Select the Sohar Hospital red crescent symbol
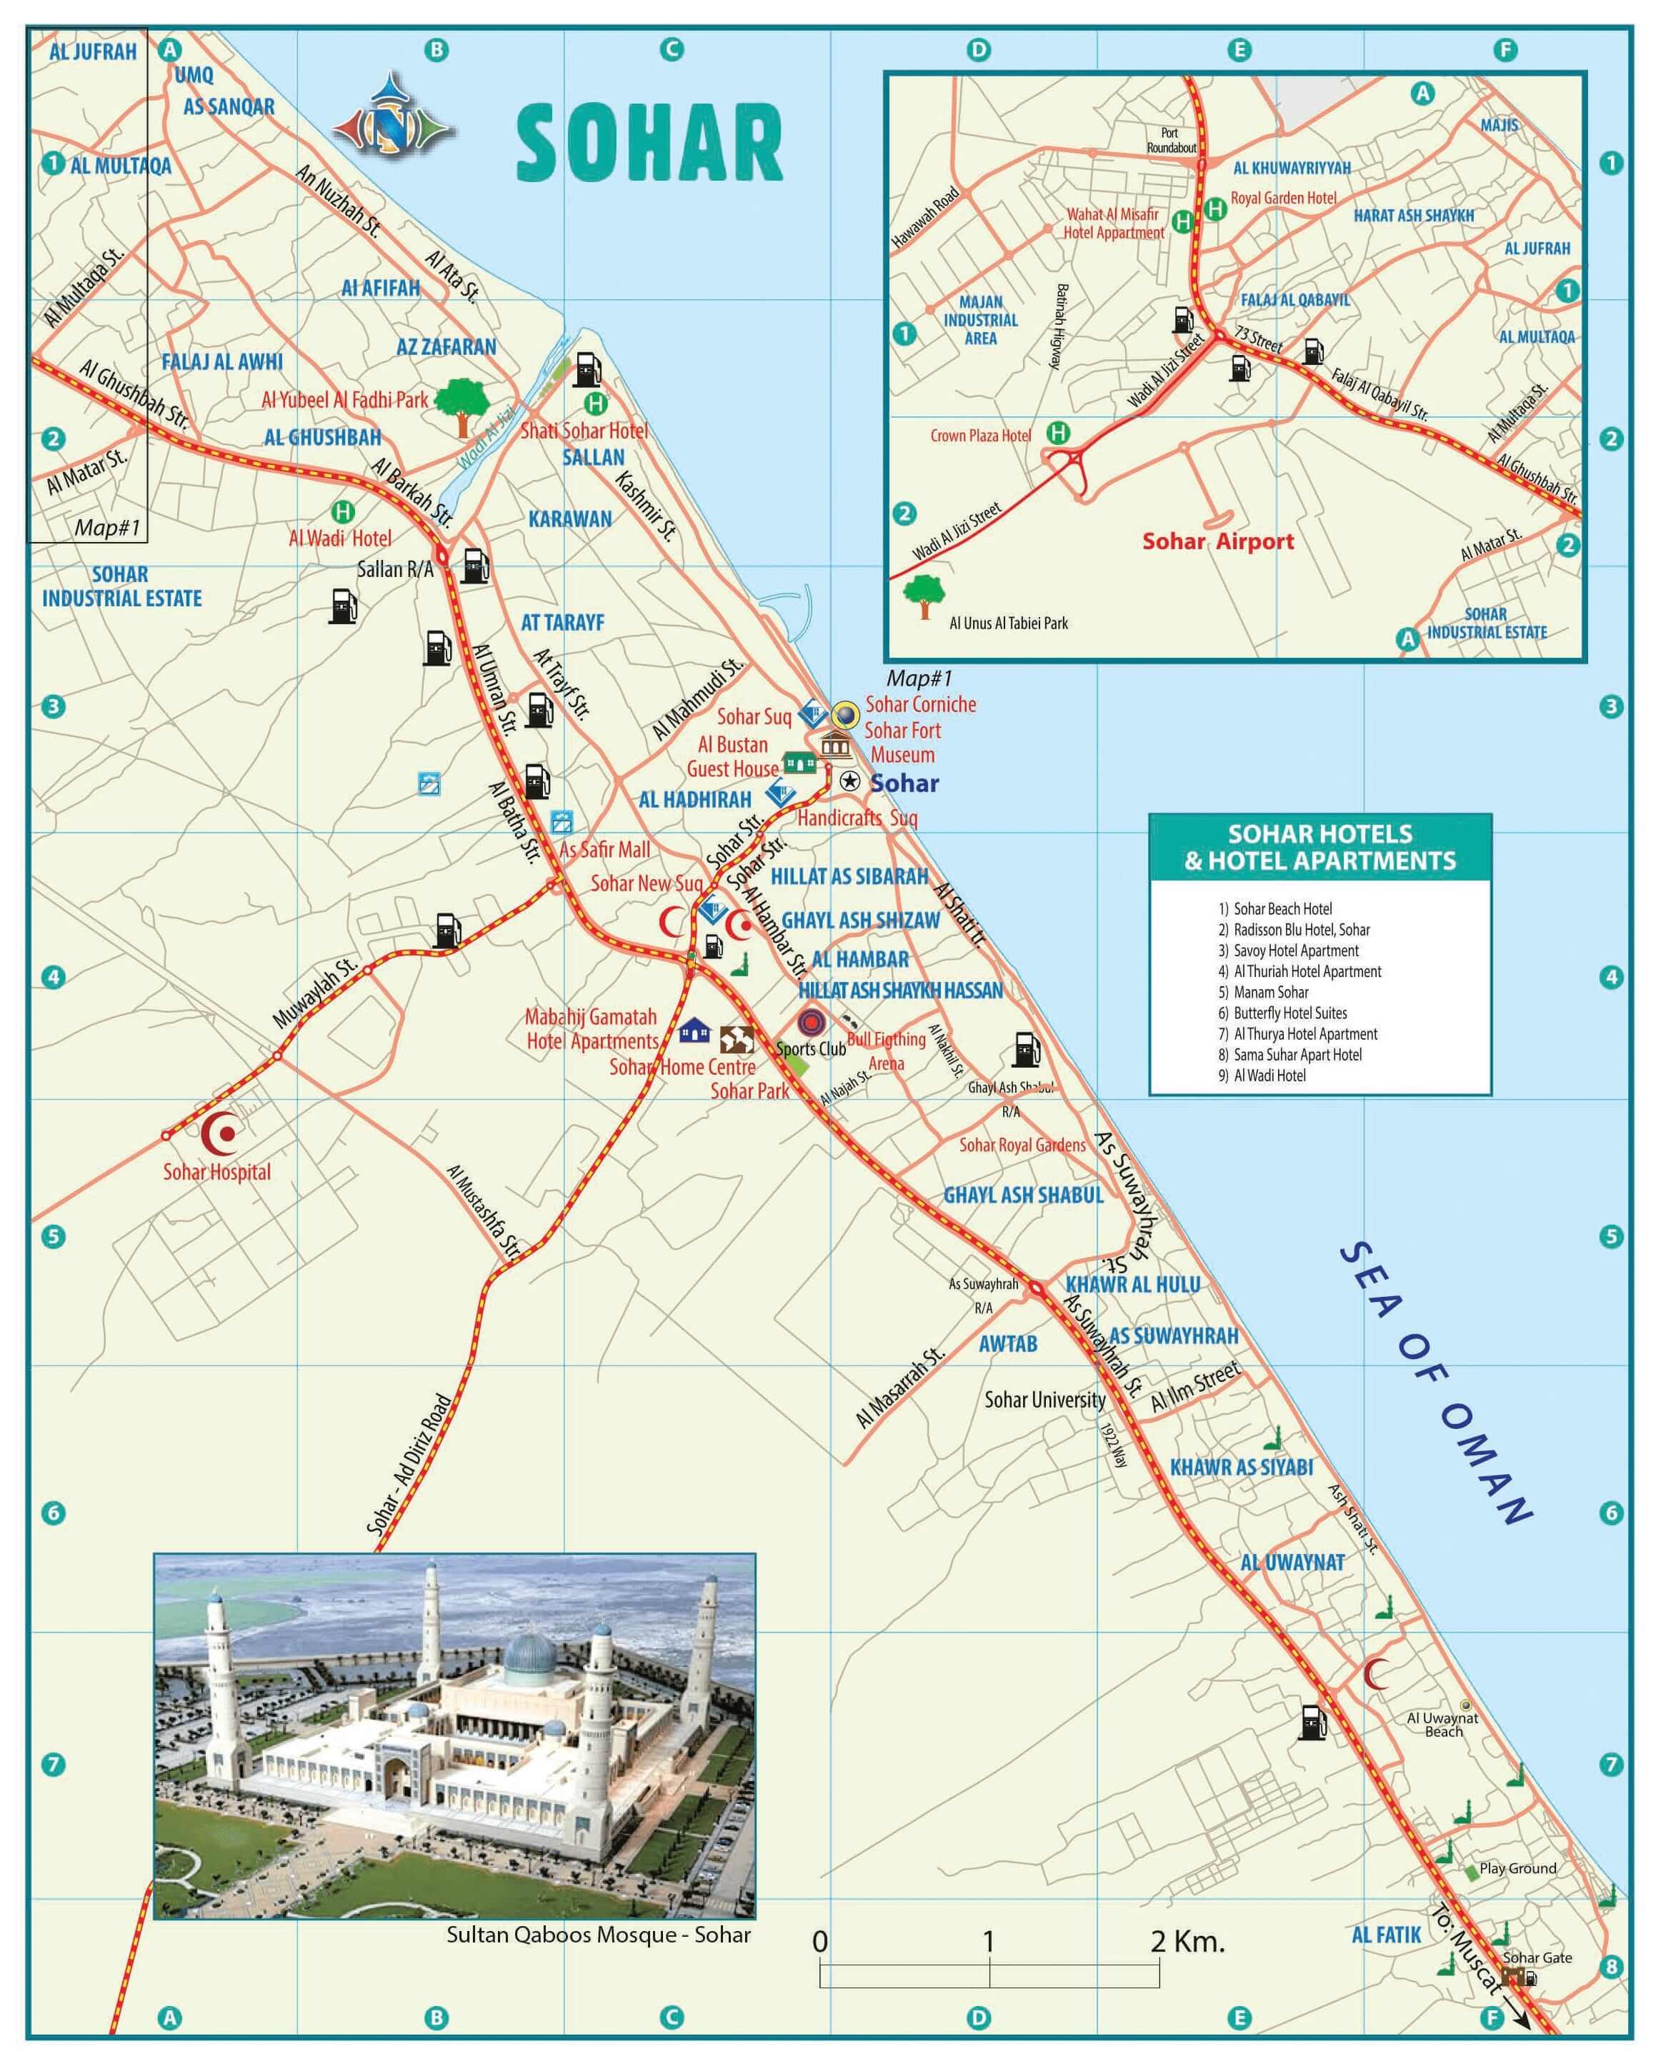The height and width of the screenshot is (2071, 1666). point(221,1135)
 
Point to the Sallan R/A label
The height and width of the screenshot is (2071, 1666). point(395,570)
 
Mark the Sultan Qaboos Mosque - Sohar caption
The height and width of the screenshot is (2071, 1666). point(598,1935)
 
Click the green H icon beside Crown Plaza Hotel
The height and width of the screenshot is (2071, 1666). point(1058,433)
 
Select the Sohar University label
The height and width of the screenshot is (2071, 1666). point(1044,1400)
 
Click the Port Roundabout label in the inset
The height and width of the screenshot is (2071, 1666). point(1170,140)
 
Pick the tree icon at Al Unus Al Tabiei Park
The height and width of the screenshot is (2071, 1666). point(924,596)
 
